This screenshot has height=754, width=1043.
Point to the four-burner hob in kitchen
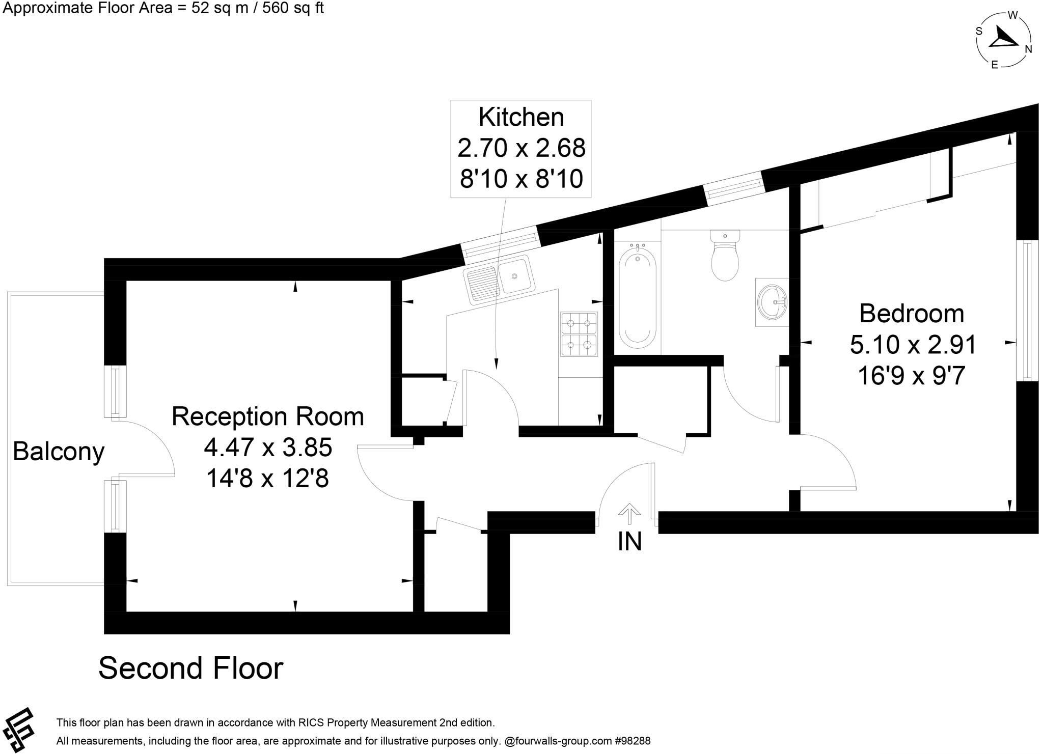[x=579, y=334]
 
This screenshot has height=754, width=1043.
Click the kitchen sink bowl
[x=515, y=276]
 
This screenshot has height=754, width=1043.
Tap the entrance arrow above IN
[x=629, y=513]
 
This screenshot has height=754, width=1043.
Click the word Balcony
[x=58, y=452]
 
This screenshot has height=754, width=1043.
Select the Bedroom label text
[x=912, y=314]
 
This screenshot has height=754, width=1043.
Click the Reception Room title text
[x=268, y=416]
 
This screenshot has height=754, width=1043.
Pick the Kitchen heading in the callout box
[x=521, y=117]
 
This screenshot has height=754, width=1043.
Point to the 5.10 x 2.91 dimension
[x=913, y=345]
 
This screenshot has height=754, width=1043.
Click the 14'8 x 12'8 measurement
[x=267, y=479]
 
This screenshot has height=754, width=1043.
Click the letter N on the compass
[x=1028, y=49]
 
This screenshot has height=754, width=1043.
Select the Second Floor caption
[x=190, y=668]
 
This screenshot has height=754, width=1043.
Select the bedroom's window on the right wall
[x=1027, y=311]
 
